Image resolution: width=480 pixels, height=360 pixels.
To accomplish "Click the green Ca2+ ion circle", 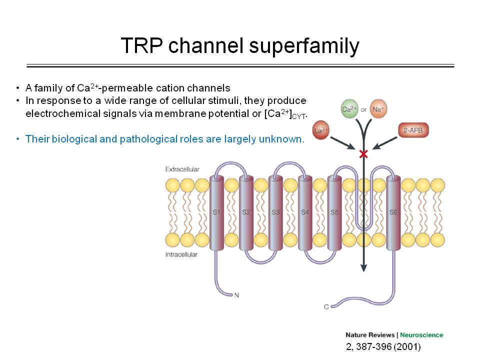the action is point(349,108).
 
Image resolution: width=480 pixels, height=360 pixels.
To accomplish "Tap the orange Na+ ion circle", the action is point(378,108).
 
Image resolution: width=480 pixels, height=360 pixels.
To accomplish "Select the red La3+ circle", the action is point(320,130).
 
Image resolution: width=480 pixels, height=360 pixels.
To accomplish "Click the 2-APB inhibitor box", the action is point(413,130).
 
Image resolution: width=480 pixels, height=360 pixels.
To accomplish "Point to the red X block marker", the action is point(363,153).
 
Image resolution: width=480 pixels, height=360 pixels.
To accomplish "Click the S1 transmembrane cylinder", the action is point(216,212).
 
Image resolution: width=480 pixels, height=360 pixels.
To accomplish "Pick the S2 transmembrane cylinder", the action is point(246,212).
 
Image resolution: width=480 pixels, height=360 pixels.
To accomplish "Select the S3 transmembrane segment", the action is point(275,212).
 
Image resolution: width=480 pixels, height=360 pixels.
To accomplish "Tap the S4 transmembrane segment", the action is point(305,212).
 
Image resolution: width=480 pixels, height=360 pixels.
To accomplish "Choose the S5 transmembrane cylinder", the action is point(334,212).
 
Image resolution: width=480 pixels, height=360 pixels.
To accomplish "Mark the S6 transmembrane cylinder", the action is point(393,212).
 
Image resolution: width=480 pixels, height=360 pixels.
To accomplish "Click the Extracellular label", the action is point(182,169).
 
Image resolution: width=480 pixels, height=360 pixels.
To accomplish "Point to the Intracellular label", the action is point(181,254).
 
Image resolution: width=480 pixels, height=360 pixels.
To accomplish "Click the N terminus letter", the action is point(236,295).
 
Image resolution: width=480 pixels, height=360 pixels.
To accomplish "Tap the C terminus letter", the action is point(326,306).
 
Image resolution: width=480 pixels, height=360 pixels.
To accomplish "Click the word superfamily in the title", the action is point(304,46).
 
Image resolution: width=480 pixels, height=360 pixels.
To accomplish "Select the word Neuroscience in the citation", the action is point(421,335).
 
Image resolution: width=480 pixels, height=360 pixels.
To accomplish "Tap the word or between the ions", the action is point(363,109).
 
